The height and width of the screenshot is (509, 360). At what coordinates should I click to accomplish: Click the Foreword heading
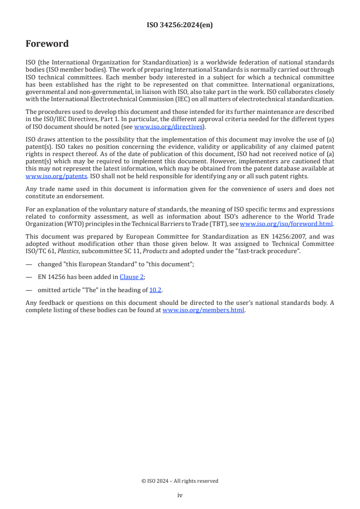coord(47,44)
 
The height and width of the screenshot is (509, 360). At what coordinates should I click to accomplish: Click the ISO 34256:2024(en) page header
coord(180,25)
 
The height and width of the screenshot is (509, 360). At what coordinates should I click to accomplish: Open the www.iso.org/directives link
coord(168,127)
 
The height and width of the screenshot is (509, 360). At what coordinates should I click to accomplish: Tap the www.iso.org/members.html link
coord(203,310)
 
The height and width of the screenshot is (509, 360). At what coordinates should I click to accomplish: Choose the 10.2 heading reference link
coord(155,290)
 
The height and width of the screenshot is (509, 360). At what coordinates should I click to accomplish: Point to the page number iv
coord(180,495)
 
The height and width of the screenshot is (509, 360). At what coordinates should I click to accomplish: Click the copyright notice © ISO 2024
coord(180,481)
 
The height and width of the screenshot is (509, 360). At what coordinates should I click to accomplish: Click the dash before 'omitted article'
coord(29,290)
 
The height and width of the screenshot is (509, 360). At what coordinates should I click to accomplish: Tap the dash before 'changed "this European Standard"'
coord(29,264)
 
